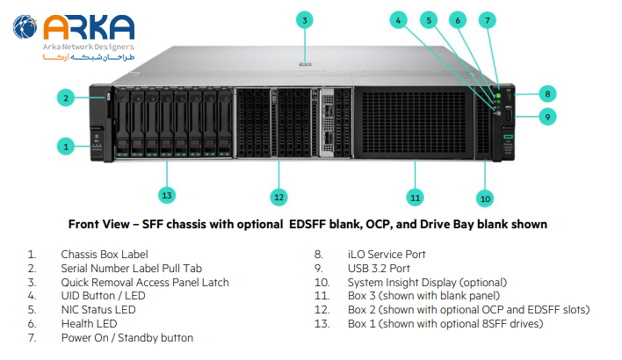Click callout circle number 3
[304, 19]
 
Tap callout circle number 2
[66, 97]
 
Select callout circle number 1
[66, 147]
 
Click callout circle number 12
[278, 196]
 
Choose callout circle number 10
[485, 198]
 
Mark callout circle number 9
[546, 116]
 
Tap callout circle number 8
[546, 92]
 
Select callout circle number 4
[398, 19]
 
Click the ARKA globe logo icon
[25, 27]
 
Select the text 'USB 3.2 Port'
[379, 269]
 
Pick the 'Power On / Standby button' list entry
[127, 338]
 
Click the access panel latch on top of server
[304, 64]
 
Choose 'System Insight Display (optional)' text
[427, 283]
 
